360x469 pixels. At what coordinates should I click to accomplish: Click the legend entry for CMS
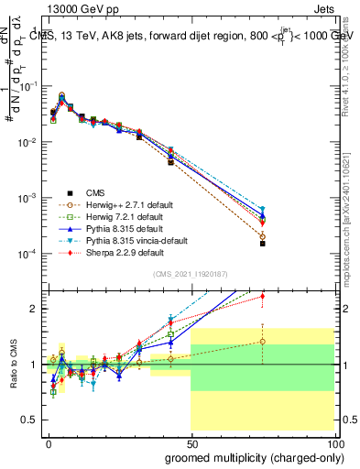click(95, 192)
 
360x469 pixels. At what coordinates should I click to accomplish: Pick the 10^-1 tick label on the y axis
click(27, 86)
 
